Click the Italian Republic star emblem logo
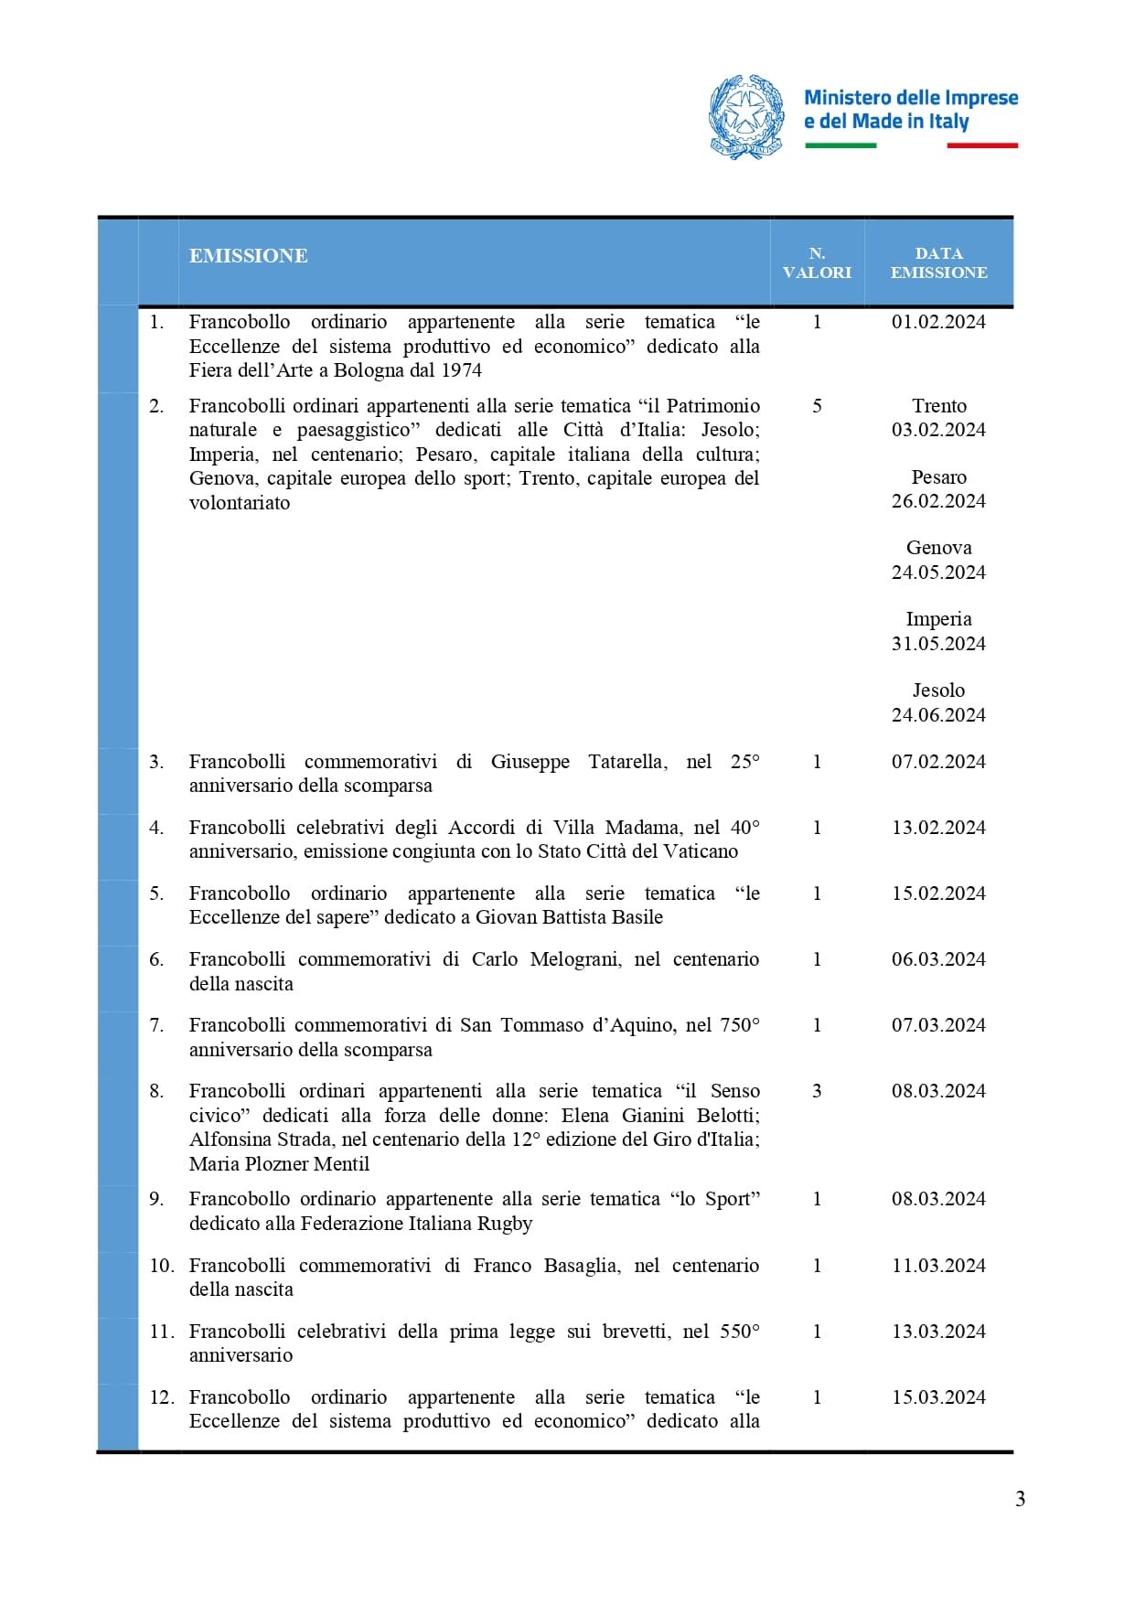[746, 117]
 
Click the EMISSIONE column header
[248, 256]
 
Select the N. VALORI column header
[817, 262]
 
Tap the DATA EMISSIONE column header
[938, 262]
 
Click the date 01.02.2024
[938, 322]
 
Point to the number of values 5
[817, 406]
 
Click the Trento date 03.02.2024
[938, 430]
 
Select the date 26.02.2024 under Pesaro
[938, 501]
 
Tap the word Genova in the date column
[938, 548]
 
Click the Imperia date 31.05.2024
[938, 644]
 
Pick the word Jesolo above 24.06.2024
[938, 690]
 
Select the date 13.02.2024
[938, 828]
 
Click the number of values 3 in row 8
[817, 1091]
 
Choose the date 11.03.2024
[938, 1266]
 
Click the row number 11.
[161, 1332]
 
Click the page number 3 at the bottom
[1020, 1499]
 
